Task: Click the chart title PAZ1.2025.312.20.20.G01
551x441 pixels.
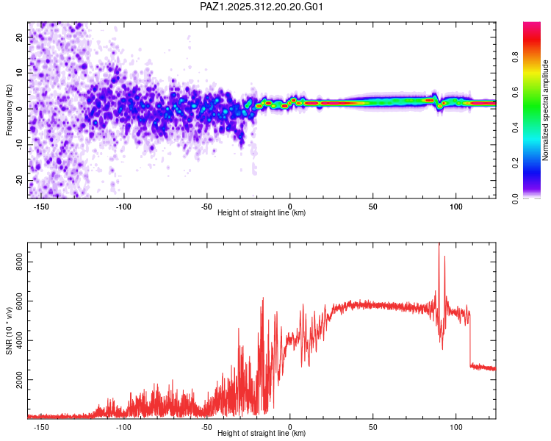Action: click(x=262, y=7)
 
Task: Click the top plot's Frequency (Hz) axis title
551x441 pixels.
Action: click(x=9, y=110)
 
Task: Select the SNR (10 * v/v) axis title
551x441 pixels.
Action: click(x=9, y=330)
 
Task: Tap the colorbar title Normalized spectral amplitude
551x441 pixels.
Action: click(x=545, y=110)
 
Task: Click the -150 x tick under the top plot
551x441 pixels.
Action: click(x=41, y=207)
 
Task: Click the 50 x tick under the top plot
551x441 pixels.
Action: click(x=372, y=207)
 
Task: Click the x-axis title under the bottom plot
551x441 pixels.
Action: click(x=262, y=434)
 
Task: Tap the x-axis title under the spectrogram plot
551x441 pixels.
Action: click(x=262, y=213)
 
